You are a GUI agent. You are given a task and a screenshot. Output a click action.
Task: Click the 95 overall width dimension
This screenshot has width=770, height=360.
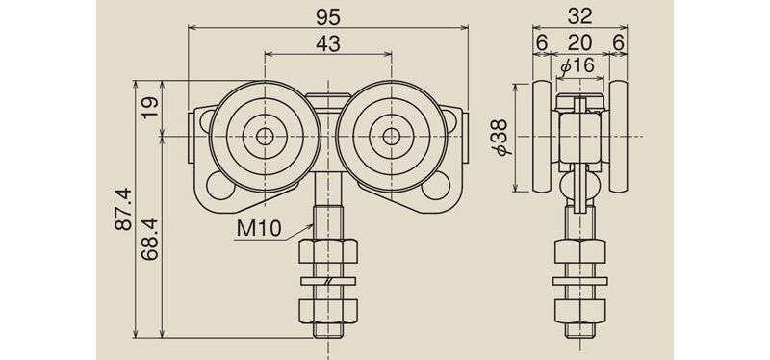coord(328,17)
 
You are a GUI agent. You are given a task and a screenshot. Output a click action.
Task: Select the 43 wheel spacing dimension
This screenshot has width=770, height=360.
coord(328,43)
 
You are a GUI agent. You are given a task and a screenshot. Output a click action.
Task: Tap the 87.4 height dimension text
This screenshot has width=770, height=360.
coord(124,209)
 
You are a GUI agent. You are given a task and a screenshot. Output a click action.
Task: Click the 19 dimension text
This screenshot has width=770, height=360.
coord(151,108)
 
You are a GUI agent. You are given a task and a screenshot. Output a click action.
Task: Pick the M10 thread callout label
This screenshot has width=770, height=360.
coord(258,227)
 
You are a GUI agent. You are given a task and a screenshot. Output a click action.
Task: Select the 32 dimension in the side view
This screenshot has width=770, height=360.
coord(579,17)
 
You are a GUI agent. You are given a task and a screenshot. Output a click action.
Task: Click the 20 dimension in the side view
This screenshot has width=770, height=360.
coord(579,43)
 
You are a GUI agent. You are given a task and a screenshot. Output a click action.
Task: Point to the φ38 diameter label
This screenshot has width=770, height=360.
coord(504,137)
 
